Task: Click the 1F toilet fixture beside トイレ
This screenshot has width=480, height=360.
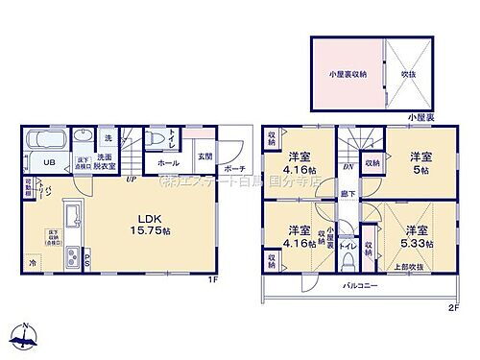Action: click(154, 138)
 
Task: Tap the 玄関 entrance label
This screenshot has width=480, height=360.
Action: click(204, 156)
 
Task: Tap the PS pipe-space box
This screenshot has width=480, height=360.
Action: click(84, 255)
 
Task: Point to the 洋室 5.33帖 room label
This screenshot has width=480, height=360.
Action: click(417, 236)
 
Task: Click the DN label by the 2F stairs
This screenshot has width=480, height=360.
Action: click(347, 164)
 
